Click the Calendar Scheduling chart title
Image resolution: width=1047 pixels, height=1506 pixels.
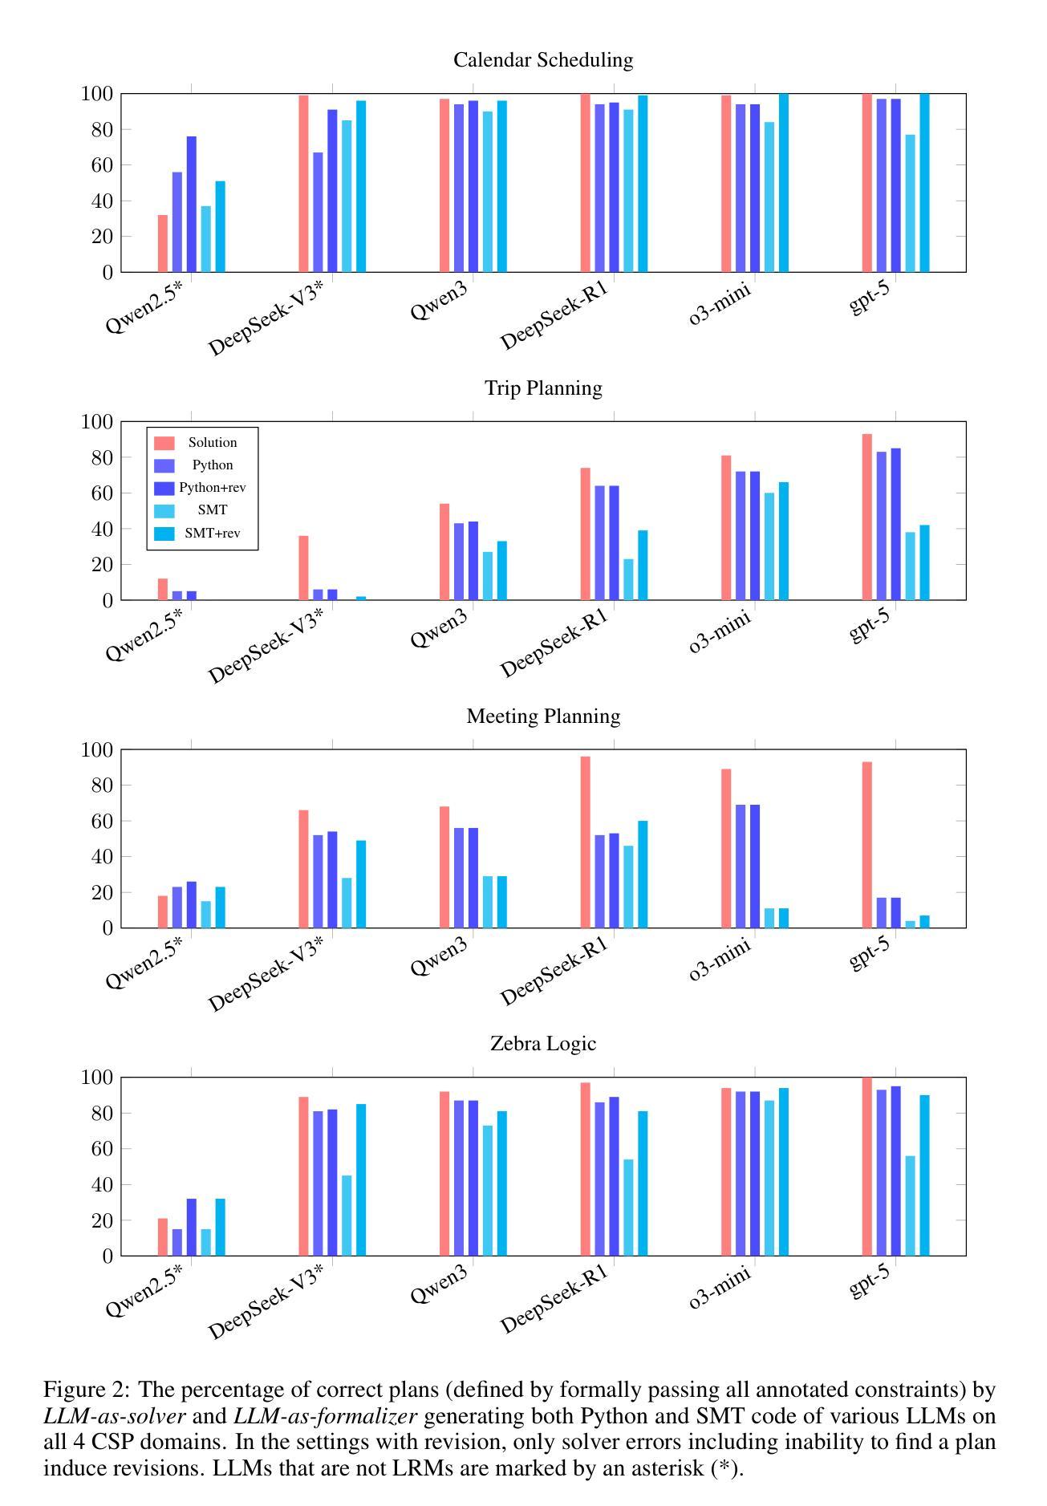click(543, 60)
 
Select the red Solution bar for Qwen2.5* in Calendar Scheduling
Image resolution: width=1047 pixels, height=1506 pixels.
click(163, 244)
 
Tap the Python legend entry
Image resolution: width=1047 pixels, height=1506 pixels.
click(213, 465)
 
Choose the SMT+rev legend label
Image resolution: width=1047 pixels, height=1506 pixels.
click(213, 533)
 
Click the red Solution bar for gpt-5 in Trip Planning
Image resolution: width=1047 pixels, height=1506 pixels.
click(867, 518)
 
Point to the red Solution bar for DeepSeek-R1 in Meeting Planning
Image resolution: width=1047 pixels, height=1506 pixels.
click(586, 842)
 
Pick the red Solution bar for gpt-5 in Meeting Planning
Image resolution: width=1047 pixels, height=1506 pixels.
click(867, 845)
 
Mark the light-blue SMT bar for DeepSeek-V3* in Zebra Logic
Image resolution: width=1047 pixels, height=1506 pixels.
click(347, 1216)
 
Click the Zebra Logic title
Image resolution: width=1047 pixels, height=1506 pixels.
click(543, 1044)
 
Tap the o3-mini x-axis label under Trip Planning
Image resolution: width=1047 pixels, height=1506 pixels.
click(720, 631)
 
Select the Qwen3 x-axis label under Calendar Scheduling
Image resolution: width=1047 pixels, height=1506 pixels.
click(439, 303)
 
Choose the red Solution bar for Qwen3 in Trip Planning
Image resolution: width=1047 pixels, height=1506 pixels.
click(444, 552)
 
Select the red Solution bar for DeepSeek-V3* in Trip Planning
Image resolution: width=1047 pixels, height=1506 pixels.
click(303, 568)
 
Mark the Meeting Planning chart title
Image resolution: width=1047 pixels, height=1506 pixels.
click(543, 716)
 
